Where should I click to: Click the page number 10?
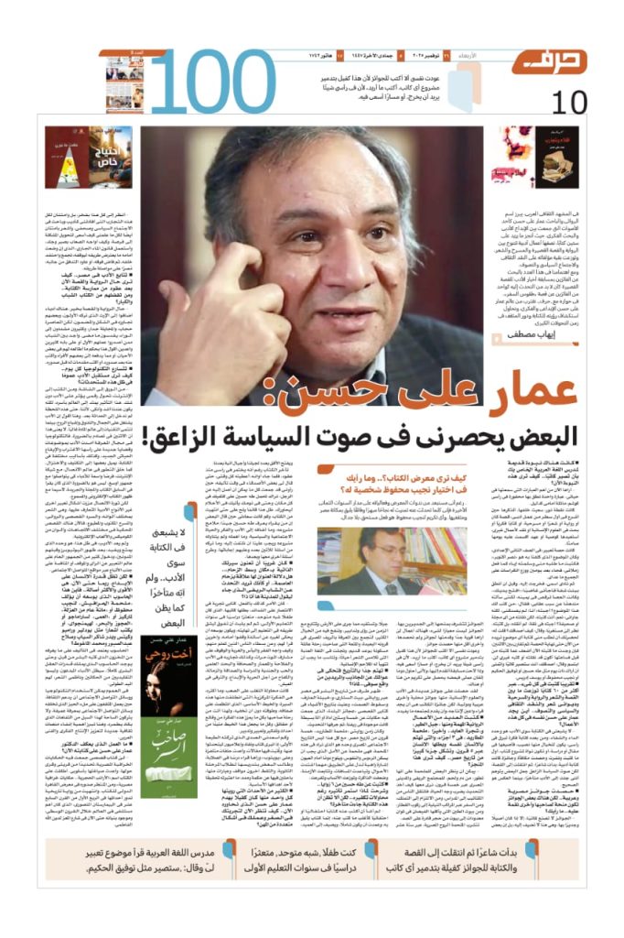567,102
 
